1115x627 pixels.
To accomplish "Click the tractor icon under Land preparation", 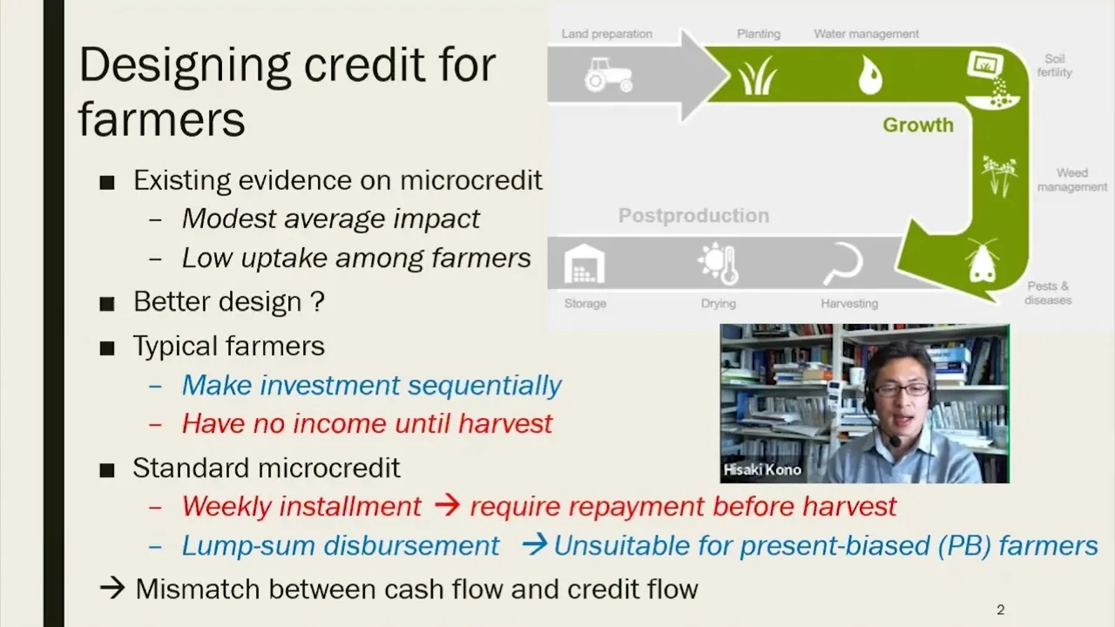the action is [x=608, y=75].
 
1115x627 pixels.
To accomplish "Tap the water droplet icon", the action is [x=870, y=75].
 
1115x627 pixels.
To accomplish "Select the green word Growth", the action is [x=918, y=125].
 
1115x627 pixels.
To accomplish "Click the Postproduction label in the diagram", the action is [x=694, y=215].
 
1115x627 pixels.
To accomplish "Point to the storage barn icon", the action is [x=585, y=264].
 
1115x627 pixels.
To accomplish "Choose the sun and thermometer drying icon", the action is [x=719, y=264].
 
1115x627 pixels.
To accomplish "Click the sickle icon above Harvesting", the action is [x=843, y=264].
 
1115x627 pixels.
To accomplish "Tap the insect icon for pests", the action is [x=982, y=260].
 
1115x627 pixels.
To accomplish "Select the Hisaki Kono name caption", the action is [x=762, y=469].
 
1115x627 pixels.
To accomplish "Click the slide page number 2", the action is [x=1001, y=610].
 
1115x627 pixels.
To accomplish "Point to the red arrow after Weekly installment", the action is [x=447, y=506].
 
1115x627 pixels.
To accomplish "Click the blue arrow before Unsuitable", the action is [x=535, y=544].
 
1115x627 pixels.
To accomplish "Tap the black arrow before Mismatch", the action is [x=112, y=588].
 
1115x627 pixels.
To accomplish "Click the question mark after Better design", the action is [x=318, y=301].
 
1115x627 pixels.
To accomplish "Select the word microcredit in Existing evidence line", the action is [x=471, y=179].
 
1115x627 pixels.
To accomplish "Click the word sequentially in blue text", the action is [x=484, y=386].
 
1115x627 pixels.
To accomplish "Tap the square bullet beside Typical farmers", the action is [x=107, y=347].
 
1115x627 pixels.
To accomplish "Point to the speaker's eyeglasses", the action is [x=902, y=389].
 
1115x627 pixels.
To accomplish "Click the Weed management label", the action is [x=1072, y=179].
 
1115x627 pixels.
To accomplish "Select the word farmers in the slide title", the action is [x=162, y=119].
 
